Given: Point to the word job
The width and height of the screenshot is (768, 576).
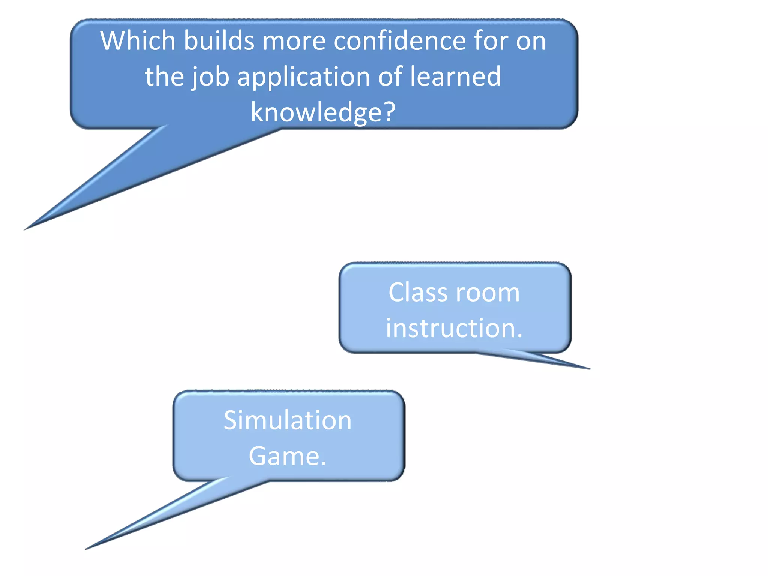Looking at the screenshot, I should click(210, 77).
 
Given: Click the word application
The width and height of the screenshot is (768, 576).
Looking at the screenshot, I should click(304, 77).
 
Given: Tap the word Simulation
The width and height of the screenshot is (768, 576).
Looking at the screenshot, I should click(288, 420).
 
